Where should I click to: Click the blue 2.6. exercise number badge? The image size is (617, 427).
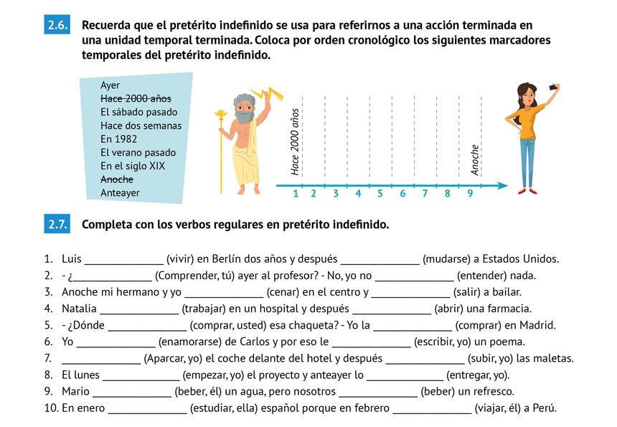tap(57, 26)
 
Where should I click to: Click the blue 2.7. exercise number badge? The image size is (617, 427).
tap(57, 224)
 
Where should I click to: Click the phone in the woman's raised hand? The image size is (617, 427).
tap(553, 87)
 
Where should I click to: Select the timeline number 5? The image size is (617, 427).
tap(380, 193)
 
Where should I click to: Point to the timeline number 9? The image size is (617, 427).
tap(470, 193)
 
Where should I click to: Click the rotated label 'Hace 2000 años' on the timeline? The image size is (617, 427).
tap(295, 141)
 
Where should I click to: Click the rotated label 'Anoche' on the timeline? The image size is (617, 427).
tap(474, 159)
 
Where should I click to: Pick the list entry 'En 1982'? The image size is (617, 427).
tap(118, 139)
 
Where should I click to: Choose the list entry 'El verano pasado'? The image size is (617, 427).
tap(138, 152)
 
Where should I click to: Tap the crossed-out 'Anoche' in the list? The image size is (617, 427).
tap(117, 179)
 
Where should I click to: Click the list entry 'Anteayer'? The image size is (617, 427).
tap(120, 192)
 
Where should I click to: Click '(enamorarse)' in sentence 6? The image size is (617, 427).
tap(189, 342)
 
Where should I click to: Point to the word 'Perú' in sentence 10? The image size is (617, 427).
tap(540, 408)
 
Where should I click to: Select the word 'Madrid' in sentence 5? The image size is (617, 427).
tap(537, 325)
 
